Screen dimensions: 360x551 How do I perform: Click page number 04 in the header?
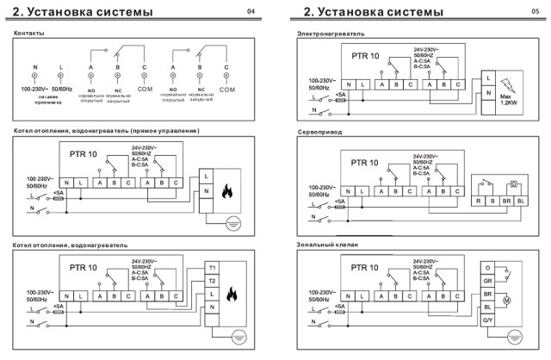point(251,11)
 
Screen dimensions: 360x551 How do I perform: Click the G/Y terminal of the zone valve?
point(487,320)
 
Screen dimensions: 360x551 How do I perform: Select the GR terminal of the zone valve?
point(487,282)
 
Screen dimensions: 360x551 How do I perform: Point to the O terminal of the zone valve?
point(487,269)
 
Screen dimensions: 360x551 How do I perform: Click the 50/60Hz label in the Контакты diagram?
point(62,89)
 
